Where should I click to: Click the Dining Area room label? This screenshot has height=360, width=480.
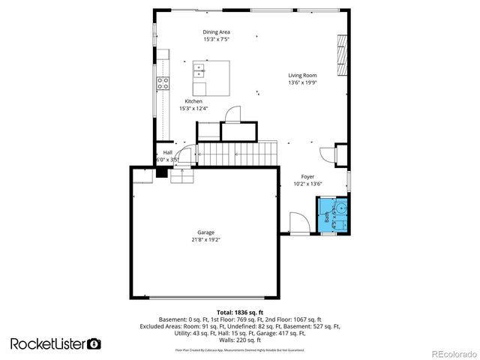pos(216,32)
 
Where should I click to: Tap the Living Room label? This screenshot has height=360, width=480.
pos(303,75)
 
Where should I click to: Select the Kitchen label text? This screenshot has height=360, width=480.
pos(193,101)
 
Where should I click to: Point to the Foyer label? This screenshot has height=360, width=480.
pos(303,176)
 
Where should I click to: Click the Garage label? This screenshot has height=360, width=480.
pos(205,232)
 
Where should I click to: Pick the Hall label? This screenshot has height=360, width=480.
pos(167,153)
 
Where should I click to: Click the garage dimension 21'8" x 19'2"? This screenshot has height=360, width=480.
pos(205,240)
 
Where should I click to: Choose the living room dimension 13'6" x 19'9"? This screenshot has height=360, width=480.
pos(303,82)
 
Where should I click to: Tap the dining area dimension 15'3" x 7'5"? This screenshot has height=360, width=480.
pos(216,40)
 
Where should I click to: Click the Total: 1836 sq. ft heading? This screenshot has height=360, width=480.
pos(239,311)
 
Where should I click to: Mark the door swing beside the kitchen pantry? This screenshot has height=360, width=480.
pos(233,114)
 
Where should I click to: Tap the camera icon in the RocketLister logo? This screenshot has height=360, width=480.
pos(94,343)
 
